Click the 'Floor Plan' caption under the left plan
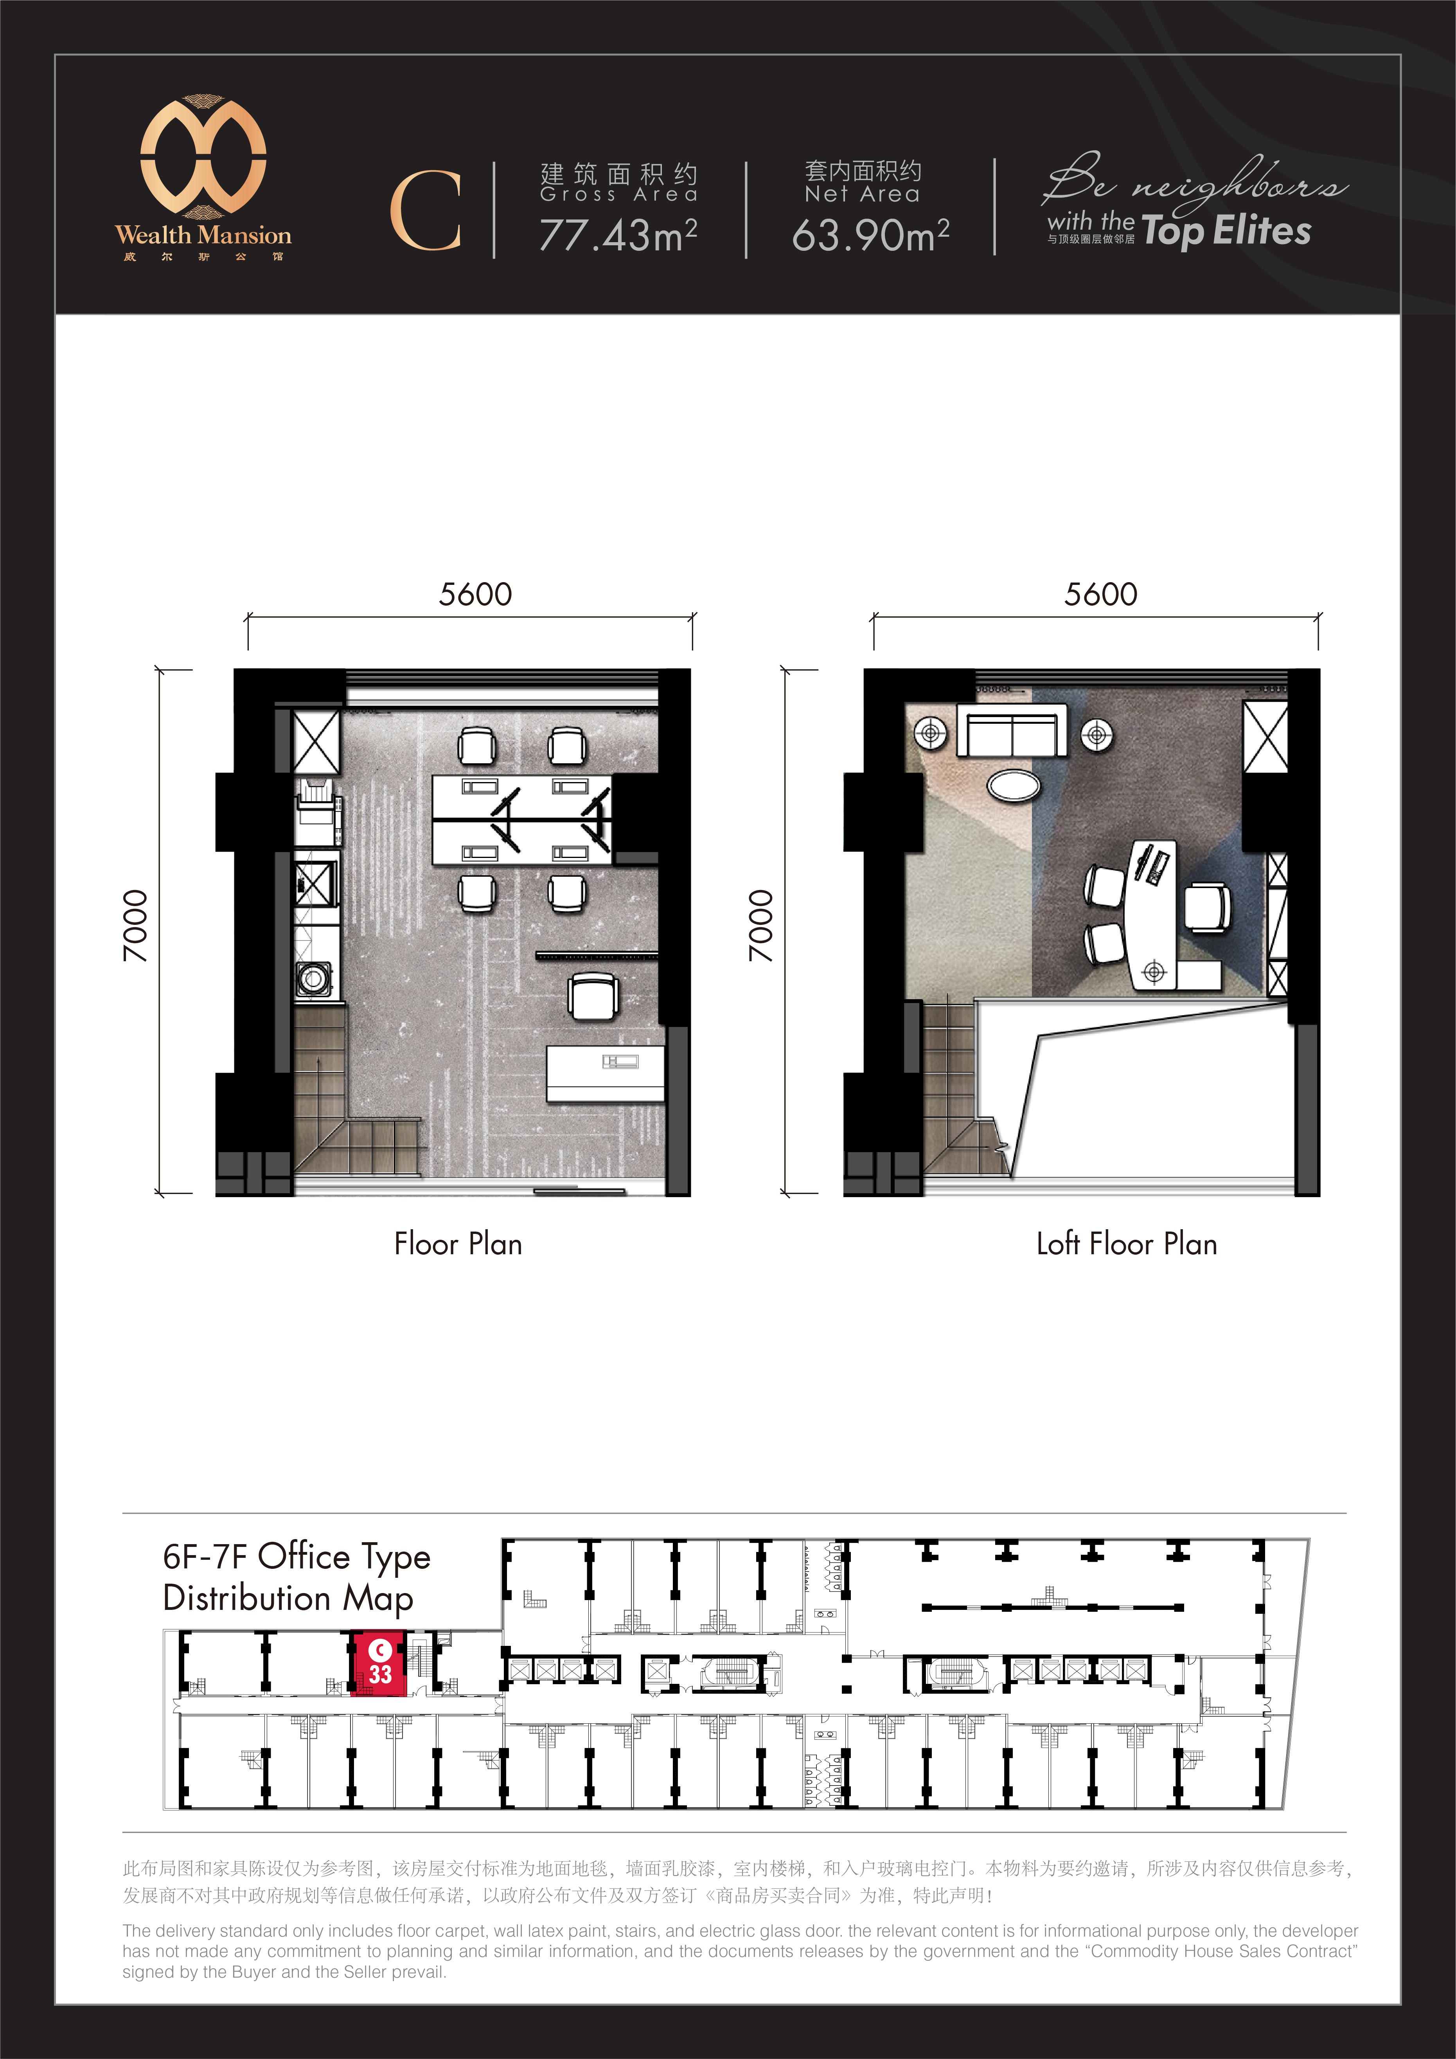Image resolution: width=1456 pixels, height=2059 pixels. (x=458, y=1244)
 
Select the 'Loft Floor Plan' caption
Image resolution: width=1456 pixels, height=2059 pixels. (x=1126, y=1244)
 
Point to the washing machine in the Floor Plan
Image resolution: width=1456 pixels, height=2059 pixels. (x=314, y=978)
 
